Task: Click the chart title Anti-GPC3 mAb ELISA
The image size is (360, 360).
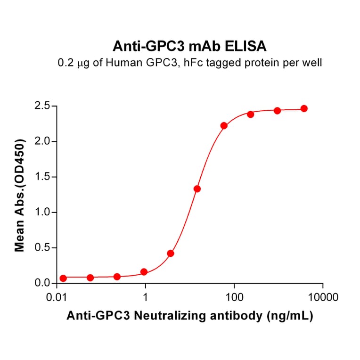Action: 189,46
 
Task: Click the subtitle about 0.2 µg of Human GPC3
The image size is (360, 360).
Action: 189,62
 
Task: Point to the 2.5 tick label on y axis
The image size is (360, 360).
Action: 42,106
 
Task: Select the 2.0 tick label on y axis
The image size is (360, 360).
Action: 42,141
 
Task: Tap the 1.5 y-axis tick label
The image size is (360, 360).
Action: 42,177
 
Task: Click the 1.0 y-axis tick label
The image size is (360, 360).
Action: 42,213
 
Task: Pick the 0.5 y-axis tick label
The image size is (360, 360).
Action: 42,248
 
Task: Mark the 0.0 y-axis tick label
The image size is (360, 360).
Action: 42,283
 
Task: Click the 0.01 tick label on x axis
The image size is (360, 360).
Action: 57,298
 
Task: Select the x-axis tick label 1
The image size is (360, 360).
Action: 146,298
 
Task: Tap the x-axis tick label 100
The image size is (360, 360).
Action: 234,298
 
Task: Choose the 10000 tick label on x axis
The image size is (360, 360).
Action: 323,298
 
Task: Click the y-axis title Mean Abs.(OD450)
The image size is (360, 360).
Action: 20,195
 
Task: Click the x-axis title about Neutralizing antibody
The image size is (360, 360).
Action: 189,317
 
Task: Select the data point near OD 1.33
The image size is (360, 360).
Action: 197,189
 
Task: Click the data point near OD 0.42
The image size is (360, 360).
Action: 171,254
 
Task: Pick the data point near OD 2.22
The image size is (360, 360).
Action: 224,126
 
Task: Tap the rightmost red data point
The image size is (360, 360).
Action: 304,108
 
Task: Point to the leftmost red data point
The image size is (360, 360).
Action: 63,278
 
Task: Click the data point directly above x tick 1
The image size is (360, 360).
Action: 144,272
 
